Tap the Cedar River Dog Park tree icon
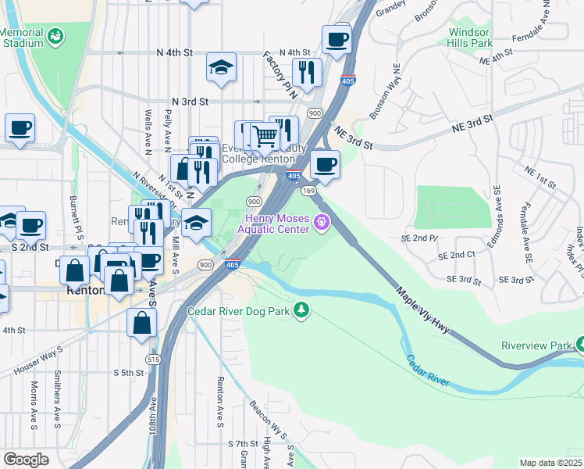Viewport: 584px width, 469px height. [301, 311]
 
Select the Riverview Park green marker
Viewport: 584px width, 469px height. [579, 344]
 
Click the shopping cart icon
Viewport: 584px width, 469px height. [265, 136]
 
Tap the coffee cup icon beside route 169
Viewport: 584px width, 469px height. [325, 165]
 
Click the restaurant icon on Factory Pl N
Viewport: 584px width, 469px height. [307, 73]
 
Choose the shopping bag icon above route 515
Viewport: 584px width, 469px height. [141, 322]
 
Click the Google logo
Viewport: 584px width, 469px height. [26, 460]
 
